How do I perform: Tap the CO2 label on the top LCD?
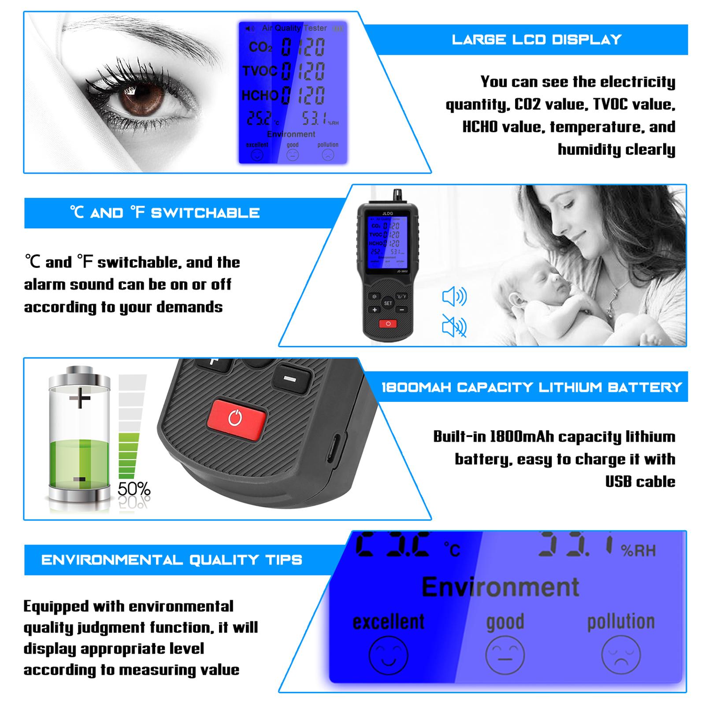(x=260, y=47)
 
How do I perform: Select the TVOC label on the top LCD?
(x=260, y=71)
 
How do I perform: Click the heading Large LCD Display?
(x=536, y=40)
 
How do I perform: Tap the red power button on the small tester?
(x=388, y=324)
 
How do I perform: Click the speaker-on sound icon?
(x=454, y=297)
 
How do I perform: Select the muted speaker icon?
(x=454, y=327)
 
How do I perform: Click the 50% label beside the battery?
(x=134, y=489)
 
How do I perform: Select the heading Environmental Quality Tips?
(x=172, y=560)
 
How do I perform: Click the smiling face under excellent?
(x=388, y=655)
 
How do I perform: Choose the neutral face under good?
(x=505, y=655)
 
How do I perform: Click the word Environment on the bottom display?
(x=500, y=587)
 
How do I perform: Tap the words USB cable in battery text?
(x=640, y=482)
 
